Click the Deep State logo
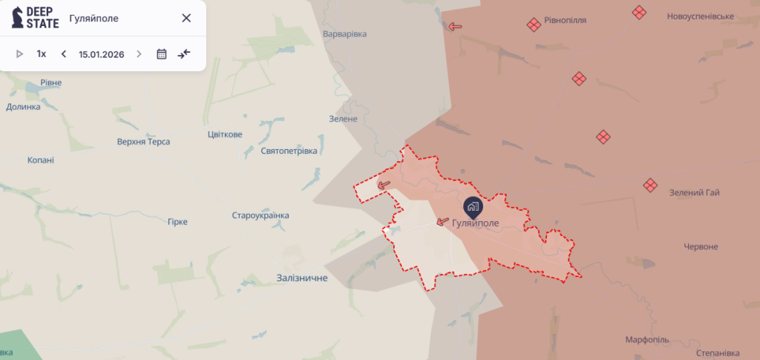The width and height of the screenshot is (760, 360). [x=34, y=18]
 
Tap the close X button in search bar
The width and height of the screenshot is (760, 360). [x=186, y=18]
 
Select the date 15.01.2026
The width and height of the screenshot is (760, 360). [x=102, y=54]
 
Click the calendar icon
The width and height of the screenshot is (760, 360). [x=162, y=54]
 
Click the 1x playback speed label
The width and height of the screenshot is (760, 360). [x=42, y=54]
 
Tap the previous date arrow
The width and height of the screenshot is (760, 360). [x=64, y=54]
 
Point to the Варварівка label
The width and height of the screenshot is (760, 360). [x=345, y=34]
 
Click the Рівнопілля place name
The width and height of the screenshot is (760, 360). [x=566, y=20]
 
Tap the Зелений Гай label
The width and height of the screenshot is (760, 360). [x=695, y=193]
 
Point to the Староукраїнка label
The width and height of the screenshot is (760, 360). [x=261, y=215]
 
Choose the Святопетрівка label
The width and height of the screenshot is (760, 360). [x=289, y=151]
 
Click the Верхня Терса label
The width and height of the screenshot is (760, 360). [x=143, y=142]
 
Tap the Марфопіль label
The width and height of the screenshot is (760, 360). [x=646, y=340]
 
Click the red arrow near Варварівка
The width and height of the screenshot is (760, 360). [x=455, y=27]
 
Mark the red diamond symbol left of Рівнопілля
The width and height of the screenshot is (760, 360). [x=533, y=24]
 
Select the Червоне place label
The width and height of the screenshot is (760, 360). [x=701, y=246]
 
